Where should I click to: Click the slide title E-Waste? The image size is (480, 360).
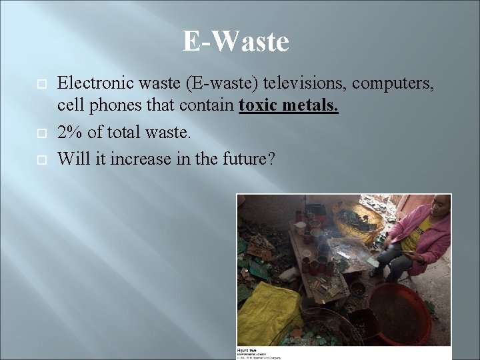(236, 41)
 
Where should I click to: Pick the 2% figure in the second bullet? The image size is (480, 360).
(69, 133)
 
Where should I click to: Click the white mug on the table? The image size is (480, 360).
(301, 228)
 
